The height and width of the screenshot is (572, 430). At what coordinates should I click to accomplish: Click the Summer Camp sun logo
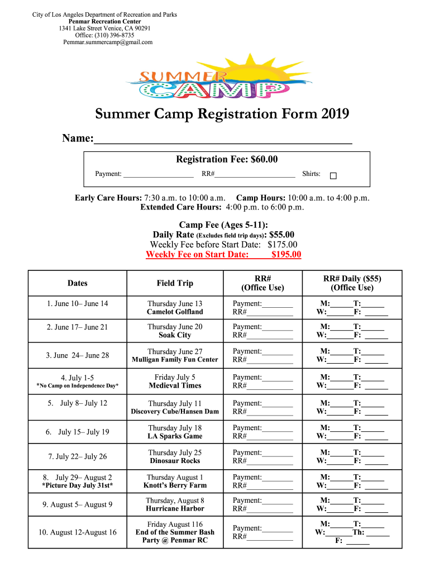click(x=214, y=75)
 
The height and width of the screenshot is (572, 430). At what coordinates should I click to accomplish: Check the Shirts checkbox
click(x=333, y=176)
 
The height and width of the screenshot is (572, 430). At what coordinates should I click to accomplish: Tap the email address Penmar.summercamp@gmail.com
click(x=108, y=42)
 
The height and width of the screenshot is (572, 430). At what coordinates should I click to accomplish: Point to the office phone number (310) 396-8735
click(x=114, y=35)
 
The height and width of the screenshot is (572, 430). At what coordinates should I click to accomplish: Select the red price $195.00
click(x=286, y=255)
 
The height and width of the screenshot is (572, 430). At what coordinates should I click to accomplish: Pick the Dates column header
click(x=78, y=283)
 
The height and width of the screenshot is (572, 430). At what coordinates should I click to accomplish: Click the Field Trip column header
click(x=175, y=283)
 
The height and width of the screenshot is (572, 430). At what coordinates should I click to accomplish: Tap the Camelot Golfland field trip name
click(x=175, y=312)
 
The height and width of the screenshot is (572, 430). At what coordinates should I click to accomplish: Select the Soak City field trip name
click(x=175, y=336)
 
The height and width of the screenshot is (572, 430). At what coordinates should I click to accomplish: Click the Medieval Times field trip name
click(x=175, y=386)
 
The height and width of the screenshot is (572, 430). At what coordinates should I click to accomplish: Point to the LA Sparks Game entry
click(x=175, y=436)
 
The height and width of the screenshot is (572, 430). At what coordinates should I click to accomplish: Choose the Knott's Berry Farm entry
click(x=175, y=486)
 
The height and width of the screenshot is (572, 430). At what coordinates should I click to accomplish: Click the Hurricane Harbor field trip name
click(x=175, y=509)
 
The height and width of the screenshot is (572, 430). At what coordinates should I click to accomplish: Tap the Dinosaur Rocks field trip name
click(x=175, y=461)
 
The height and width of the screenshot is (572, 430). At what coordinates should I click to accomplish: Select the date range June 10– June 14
click(x=78, y=304)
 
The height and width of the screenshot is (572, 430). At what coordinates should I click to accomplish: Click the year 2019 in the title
click(x=335, y=115)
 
